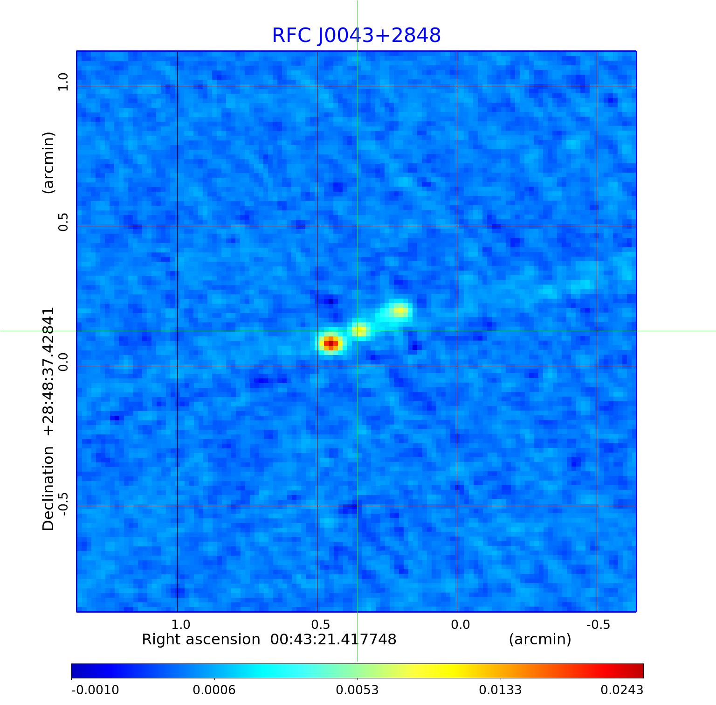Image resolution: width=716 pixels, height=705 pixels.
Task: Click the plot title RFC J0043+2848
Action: (356, 35)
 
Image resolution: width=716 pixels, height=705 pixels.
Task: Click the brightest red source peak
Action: (330, 344)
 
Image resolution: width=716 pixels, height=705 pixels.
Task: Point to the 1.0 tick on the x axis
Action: (180, 624)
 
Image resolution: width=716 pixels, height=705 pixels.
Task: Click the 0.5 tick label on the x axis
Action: (320, 624)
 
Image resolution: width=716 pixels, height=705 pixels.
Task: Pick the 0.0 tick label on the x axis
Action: (460, 624)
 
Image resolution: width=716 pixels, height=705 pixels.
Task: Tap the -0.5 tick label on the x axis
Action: (598, 624)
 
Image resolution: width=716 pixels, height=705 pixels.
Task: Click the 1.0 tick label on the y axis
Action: (63, 82)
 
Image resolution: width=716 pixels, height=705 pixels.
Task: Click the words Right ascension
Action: (201, 639)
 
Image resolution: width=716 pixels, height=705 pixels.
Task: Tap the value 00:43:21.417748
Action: (333, 639)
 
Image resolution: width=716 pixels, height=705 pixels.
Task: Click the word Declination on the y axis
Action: (48, 488)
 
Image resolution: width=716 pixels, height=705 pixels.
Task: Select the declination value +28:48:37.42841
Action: (48, 371)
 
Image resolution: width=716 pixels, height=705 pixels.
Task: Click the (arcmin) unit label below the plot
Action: (540, 639)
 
